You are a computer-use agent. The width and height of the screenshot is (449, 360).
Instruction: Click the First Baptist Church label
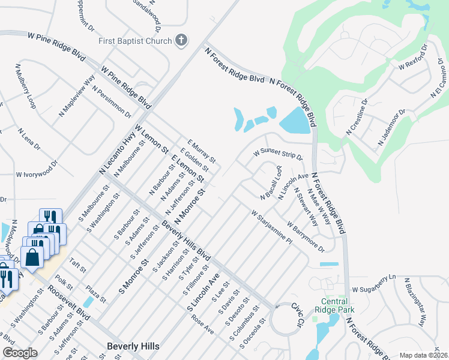tap(136, 41)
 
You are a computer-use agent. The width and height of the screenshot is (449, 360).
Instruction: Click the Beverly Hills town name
tap(133, 346)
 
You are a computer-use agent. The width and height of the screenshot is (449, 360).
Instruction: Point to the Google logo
tap(20, 353)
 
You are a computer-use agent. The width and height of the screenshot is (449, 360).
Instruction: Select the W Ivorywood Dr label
tap(37, 169)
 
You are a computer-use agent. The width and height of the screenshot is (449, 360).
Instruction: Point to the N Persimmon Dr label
tap(112, 101)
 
